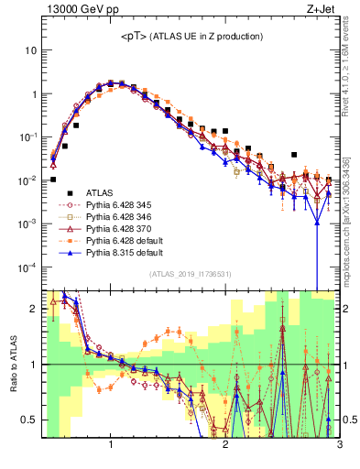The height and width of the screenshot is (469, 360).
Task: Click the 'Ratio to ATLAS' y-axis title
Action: [x=14, y=365]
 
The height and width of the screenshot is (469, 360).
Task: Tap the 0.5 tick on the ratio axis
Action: [x=30, y=420]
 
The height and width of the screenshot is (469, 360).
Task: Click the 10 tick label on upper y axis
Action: [x=29, y=50]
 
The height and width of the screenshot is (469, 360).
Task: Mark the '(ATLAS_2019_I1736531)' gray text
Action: [x=191, y=274]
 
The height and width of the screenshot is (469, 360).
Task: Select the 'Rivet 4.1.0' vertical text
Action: [x=352, y=69]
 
